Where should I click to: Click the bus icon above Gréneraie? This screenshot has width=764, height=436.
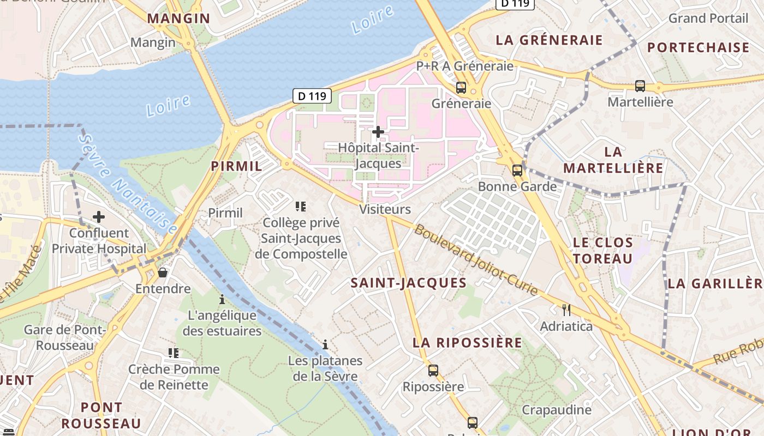click(x=461, y=87)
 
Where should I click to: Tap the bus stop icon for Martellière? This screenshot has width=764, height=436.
click(x=640, y=86)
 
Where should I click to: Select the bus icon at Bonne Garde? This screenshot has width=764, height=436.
click(x=517, y=170)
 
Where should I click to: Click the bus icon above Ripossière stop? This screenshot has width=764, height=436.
click(x=433, y=371)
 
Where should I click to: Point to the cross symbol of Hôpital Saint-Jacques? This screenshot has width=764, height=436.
click(x=378, y=131)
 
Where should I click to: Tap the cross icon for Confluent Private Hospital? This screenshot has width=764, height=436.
click(x=99, y=217)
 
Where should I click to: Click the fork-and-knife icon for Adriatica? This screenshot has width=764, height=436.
click(x=566, y=310)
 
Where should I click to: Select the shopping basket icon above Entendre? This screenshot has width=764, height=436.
click(x=163, y=272)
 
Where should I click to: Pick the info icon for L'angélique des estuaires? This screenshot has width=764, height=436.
click(x=222, y=299)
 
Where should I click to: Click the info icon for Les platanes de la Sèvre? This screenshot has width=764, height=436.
click(x=325, y=344)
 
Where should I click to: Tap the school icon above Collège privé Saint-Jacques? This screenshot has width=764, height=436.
click(x=301, y=207)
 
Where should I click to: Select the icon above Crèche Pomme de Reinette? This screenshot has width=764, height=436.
click(x=174, y=353)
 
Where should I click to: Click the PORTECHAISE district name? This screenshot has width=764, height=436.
click(x=699, y=47)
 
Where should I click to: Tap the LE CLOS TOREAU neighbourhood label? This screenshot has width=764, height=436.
click(x=603, y=250)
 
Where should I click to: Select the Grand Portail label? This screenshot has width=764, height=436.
click(x=708, y=18)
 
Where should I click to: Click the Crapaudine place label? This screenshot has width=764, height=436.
click(x=557, y=410)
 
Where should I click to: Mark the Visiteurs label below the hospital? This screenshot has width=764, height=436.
click(x=385, y=209)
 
